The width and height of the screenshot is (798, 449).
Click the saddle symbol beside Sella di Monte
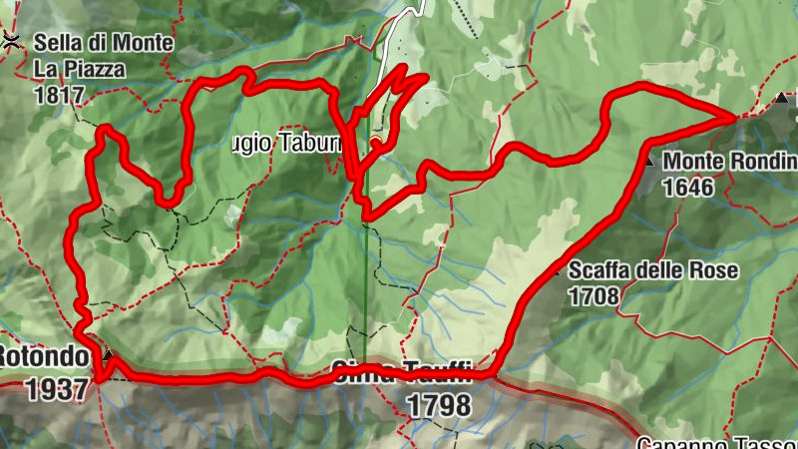click(x=11, y=40)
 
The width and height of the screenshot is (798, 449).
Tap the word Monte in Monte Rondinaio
click(x=693, y=161)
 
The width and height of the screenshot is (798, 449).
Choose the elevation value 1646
click(x=689, y=187)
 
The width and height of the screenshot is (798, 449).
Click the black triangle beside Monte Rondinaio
click(x=648, y=160)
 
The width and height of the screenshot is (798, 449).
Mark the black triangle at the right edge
click(x=781, y=99)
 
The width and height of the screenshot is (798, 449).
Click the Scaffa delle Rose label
click(x=653, y=270)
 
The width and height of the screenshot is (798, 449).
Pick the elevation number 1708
click(x=594, y=295)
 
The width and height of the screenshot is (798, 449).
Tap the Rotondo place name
click(x=44, y=356)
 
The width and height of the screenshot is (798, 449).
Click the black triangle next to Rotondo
click(x=108, y=355)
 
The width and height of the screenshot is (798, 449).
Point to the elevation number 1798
click(x=438, y=405)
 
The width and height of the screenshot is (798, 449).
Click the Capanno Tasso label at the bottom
click(x=716, y=441)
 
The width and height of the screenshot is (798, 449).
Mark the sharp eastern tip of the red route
click(x=736, y=117)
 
